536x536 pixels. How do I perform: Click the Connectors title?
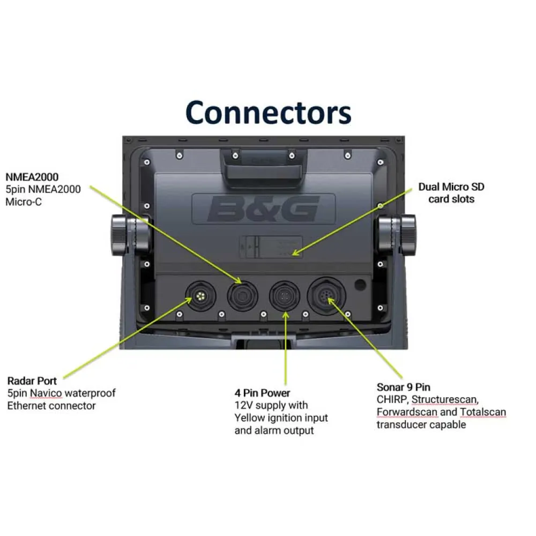[x=268, y=113]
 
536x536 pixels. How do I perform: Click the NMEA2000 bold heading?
[x=32, y=176]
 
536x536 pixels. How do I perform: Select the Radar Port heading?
[x=32, y=381]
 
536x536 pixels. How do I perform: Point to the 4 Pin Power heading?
[x=263, y=393]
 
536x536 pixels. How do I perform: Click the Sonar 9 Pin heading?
[x=403, y=387]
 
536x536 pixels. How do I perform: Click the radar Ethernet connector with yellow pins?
[x=201, y=296]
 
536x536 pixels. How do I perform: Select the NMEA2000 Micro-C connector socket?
[x=242, y=295]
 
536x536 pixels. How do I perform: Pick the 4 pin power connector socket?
[x=284, y=296]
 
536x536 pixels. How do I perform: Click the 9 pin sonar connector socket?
[x=326, y=295]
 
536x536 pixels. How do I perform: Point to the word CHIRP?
[x=391, y=400]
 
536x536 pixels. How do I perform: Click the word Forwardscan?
[x=407, y=412]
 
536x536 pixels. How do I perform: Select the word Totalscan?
[x=482, y=412]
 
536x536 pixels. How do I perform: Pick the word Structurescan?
[x=445, y=400]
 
